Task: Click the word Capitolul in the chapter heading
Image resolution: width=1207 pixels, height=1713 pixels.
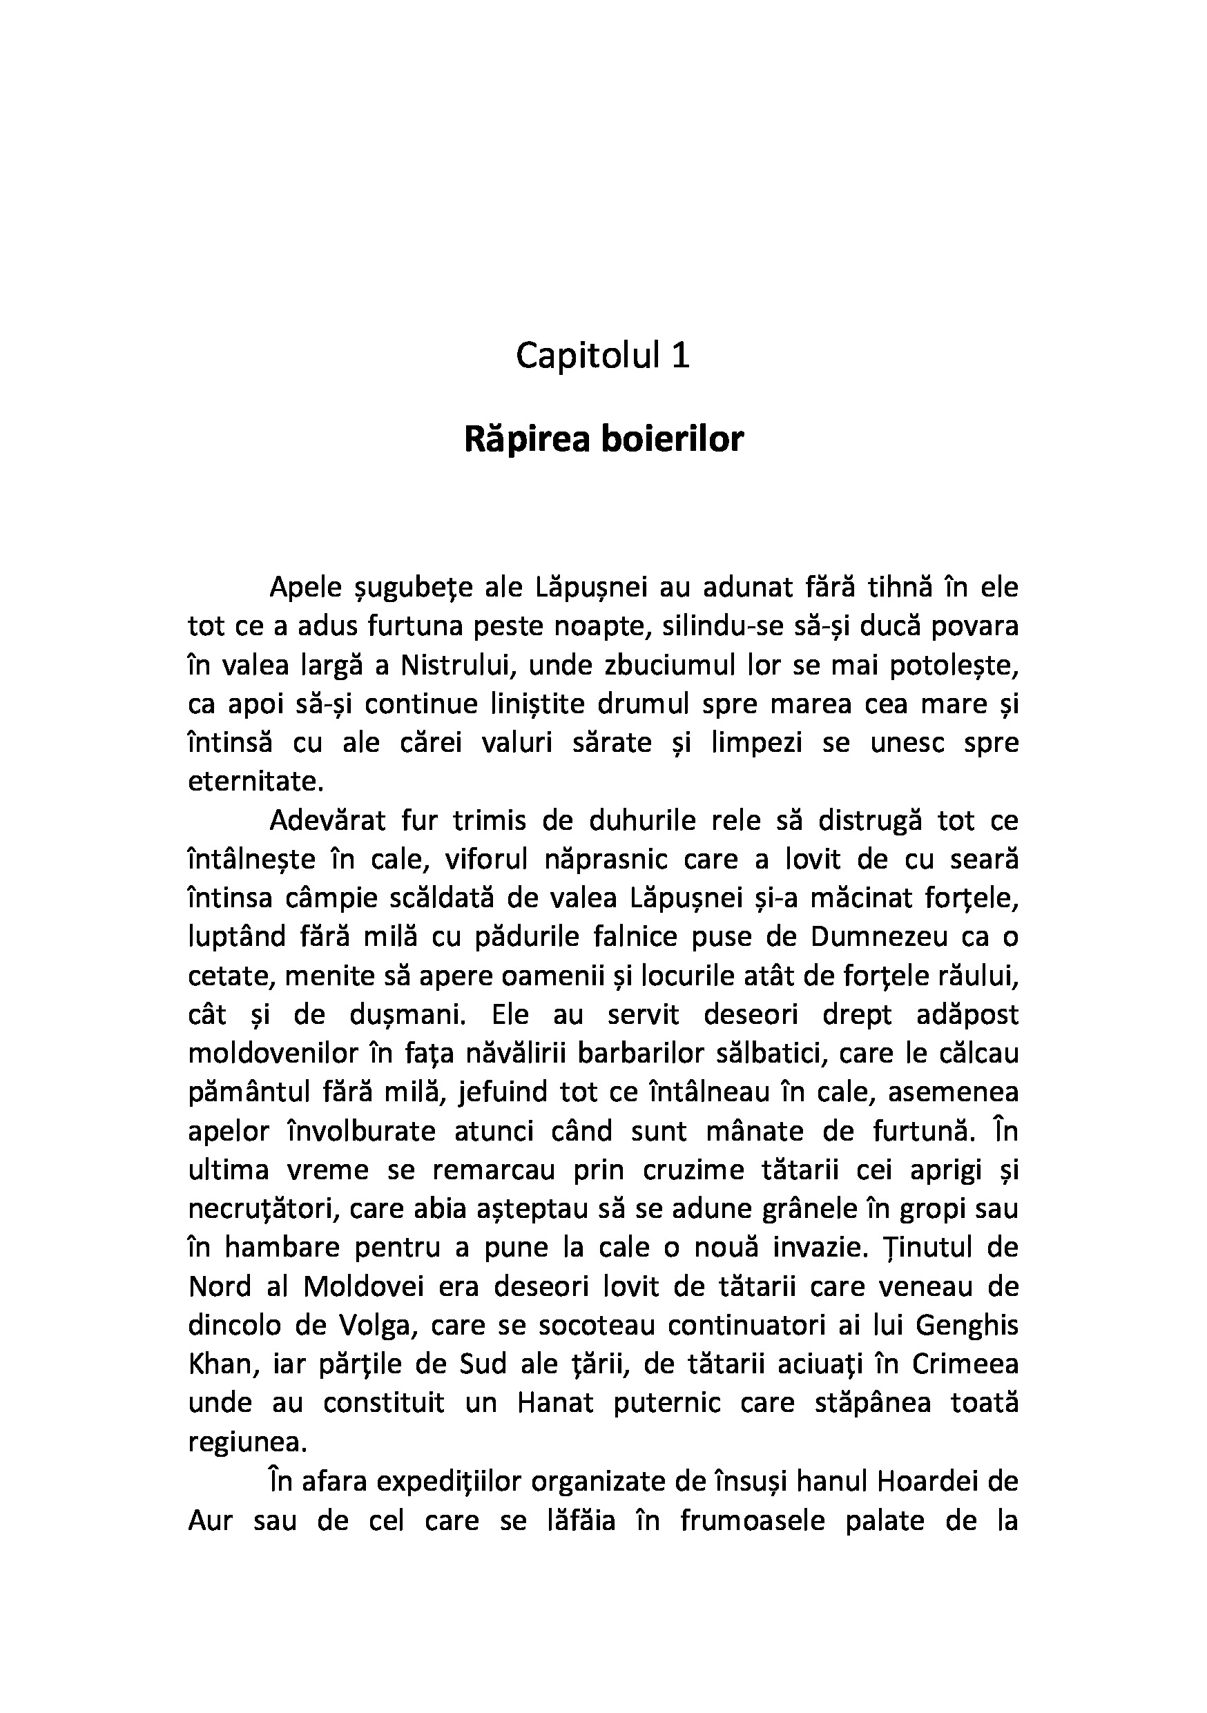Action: point(588,356)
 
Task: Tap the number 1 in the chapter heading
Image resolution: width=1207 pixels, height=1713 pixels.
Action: point(679,356)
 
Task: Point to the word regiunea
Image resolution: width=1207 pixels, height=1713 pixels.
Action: point(247,1442)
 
